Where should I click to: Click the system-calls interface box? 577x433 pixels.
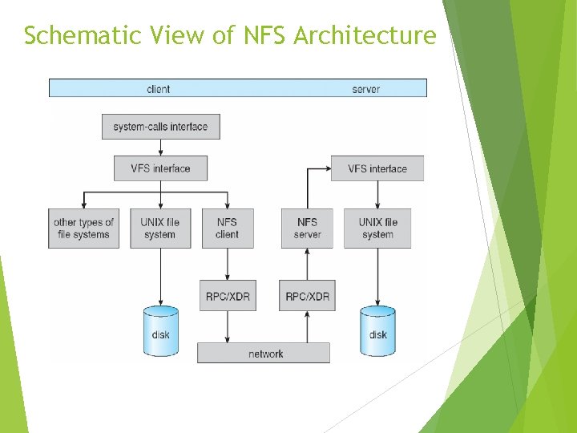point(160,127)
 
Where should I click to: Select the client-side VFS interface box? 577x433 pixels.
point(160,168)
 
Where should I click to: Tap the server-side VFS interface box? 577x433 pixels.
point(377,168)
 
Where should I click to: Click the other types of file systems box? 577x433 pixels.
point(83,229)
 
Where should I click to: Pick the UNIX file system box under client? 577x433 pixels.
point(160,229)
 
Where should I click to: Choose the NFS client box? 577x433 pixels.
point(228,229)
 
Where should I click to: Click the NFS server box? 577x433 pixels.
point(308,229)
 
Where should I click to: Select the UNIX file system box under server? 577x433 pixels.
point(377,229)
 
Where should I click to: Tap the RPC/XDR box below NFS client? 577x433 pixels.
point(228,296)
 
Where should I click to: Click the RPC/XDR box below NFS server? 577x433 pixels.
point(308,296)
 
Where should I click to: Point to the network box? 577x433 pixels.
point(264,353)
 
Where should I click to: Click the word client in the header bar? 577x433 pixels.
point(159,88)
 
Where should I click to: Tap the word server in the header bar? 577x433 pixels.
point(366,88)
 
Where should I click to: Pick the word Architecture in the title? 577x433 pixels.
point(365,36)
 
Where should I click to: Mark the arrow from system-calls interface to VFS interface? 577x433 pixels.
point(160,148)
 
